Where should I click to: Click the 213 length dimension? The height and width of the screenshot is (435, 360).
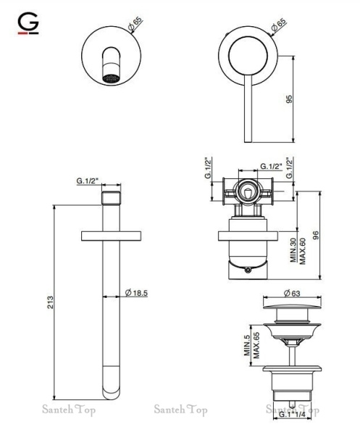(x=49, y=302)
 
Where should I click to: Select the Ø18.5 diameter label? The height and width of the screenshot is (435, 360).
(x=136, y=293)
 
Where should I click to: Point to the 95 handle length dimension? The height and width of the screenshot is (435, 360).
(x=288, y=99)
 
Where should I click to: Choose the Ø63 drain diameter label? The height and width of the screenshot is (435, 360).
(x=292, y=293)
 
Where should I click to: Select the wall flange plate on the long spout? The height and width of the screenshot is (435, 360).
(x=110, y=236)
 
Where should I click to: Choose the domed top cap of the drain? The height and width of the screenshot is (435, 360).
(x=292, y=309)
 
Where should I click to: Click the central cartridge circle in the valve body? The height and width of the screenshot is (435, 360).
(x=248, y=194)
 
